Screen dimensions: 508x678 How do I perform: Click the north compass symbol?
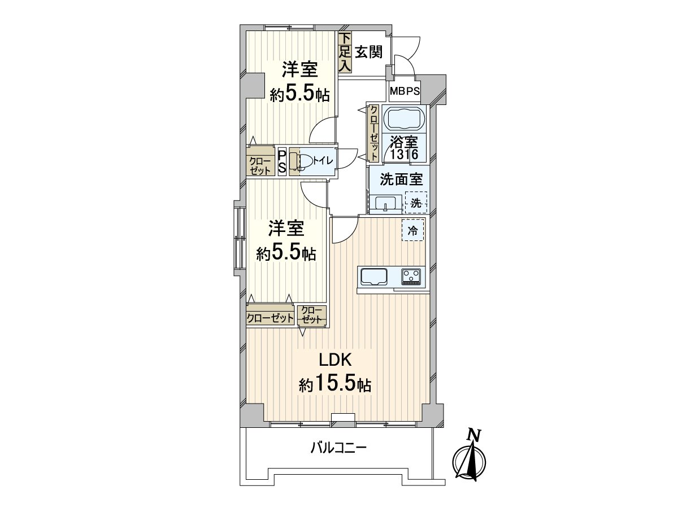pyautogui.click(x=470, y=460)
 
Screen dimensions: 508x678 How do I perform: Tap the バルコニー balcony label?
pyautogui.click(x=338, y=449)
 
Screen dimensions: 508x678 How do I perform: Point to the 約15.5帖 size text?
pyautogui.click(x=335, y=386)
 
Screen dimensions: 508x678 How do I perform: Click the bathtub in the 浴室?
pyautogui.click(x=403, y=120)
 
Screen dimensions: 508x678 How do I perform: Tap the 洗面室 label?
pyautogui.click(x=401, y=180)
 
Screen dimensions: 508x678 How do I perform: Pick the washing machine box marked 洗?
pyautogui.click(x=415, y=203)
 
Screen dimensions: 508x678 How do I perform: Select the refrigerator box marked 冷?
pyautogui.click(x=413, y=230)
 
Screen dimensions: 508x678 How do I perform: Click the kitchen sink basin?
pyautogui.click(x=374, y=277)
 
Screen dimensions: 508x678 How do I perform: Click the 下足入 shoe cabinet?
pyautogui.click(x=345, y=52)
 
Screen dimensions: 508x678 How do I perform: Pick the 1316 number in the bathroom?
pyautogui.click(x=403, y=154)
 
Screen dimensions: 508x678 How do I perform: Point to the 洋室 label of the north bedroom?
pyautogui.click(x=299, y=70)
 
